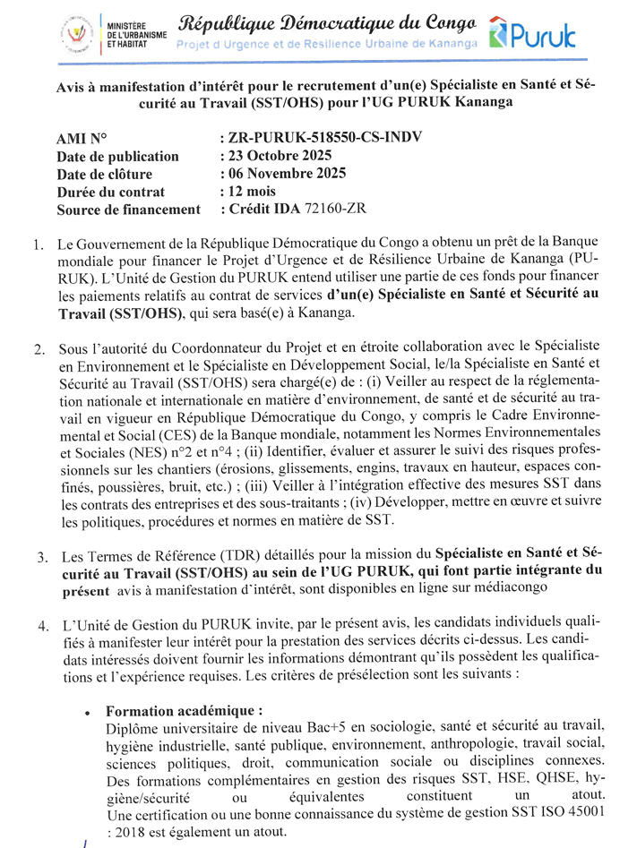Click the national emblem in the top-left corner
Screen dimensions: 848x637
pyautogui.click(x=76, y=33)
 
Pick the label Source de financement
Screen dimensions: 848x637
pyautogui.click(x=128, y=210)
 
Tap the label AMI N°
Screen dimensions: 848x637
pyautogui.click(x=82, y=138)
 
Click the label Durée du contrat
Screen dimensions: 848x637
pyautogui.click(x=110, y=192)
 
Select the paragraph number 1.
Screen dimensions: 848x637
pyautogui.click(x=38, y=244)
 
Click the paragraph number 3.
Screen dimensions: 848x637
pyautogui.click(x=41, y=557)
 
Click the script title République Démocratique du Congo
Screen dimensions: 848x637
pyautogui.click(x=327, y=21)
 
